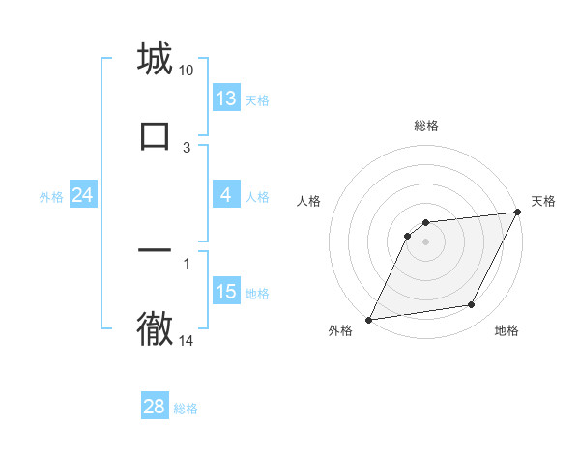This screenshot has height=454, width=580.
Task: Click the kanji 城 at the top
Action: [x=155, y=59]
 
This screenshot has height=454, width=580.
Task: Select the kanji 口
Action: [x=155, y=135]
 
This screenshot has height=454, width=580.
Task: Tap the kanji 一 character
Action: [x=155, y=250]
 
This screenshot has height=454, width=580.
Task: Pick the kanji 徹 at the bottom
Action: [x=155, y=328]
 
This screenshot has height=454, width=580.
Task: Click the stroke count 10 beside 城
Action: [x=187, y=71]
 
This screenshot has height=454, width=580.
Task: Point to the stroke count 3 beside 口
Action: [x=187, y=147]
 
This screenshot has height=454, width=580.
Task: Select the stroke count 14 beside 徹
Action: [x=187, y=340]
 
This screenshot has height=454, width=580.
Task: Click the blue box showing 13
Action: [x=226, y=99]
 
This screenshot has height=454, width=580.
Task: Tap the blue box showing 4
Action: [x=226, y=195]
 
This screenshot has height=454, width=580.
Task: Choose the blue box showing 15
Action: [x=226, y=292]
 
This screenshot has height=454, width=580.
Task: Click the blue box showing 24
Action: [x=82, y=195]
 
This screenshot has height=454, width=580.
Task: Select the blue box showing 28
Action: [x=155, y=407]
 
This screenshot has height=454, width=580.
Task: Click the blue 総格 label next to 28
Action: [x=186, y=409]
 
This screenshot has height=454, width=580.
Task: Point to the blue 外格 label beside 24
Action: [x=51, y=197]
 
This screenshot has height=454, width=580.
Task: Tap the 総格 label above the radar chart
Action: [x=426, y=126]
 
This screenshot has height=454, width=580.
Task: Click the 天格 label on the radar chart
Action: [x=543, y=201]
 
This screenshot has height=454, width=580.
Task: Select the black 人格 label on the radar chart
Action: [x=308, y=201]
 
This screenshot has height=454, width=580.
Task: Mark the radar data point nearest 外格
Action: [x=368, y=319]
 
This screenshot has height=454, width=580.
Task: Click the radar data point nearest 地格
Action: [x=472, y=305]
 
